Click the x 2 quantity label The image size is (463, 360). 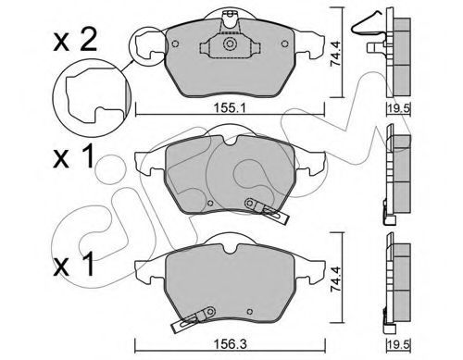[75, 41]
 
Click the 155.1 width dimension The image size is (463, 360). [230, 108]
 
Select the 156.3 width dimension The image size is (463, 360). [231, 344]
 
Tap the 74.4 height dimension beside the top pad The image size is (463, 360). [335, 55]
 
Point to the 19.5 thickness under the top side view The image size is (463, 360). [398, 108]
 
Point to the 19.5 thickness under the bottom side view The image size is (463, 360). [398, 344]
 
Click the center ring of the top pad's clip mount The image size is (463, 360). [230, 43]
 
